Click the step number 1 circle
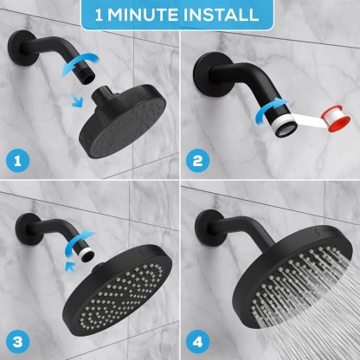tap(17, 160)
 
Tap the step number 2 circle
tap(197, 160)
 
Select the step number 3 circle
tap(17, 342)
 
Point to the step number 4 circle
tap(197, 342)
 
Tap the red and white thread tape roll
tap(336, 119)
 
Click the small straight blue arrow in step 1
tap(77, 100)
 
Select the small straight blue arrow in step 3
tap(71, 267)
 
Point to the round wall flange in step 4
tap(209, 228)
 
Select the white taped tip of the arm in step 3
tap(87, 254)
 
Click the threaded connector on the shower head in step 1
tap(101, 93)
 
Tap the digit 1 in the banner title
tap(99, 15)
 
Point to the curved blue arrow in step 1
tap(80, 63)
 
